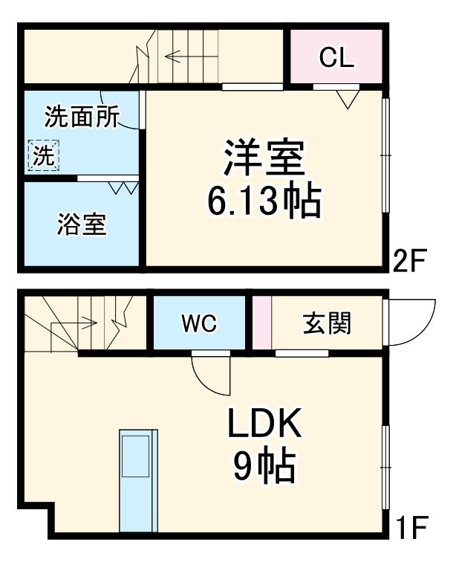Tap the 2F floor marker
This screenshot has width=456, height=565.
tap(408, 261)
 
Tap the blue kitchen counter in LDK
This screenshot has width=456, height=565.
tap(138, 479)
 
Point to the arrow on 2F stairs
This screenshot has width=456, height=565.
tap(178, 56)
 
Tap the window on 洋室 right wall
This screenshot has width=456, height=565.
tap(385, 155)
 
